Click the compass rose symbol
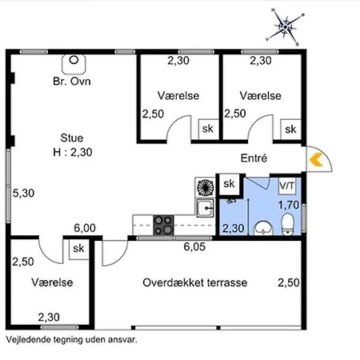[x=286, y=27]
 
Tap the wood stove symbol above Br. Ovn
[x=74, y=64]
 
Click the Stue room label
[x=72, y=138]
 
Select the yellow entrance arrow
[x=316, y=159]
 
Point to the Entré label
[x=254, y=158]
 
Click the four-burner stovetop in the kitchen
[x=163, y=225]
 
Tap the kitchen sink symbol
[x=205, y=208]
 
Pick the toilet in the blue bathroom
[x=288, y=224]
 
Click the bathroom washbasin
[x=263, y=228]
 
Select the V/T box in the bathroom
[x=287, y=186]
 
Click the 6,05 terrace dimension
[x=194, y=246]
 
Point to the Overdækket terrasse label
[x=195, y=282]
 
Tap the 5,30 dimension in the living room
[x=23, y=193]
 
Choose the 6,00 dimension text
[x=85, y=228]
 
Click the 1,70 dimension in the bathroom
[x=289, y=205]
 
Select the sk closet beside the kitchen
[x=229, y=183]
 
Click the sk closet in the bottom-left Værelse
[x=78, y=249]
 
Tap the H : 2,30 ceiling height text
[x=73, y=152]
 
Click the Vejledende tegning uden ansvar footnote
[x=71, y=339]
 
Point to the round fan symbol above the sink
[x=205, y=187]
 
